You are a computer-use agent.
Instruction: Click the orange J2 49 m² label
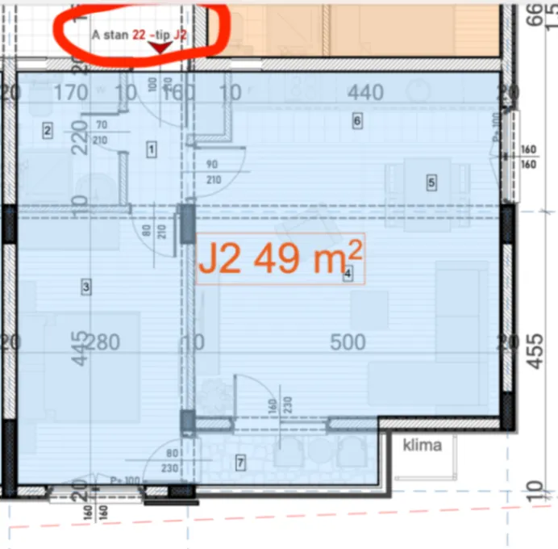point(281,259)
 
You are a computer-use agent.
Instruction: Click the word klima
point(423,445)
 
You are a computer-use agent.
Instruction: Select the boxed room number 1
point(151,148)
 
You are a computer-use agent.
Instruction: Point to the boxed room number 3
point(85,285)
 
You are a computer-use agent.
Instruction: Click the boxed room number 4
point(348,274)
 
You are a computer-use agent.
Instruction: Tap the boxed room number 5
point(431,183)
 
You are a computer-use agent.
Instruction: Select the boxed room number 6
point(356,121)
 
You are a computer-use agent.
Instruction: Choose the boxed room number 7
point(239,463)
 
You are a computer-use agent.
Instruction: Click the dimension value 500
point(349,342)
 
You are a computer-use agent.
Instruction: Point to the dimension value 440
point(365,94)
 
